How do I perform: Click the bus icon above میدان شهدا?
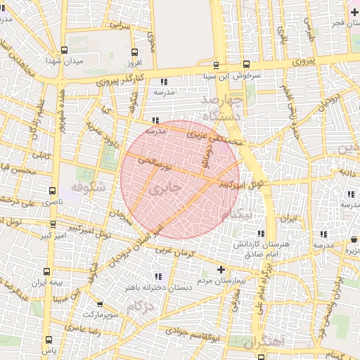pyautogui.click(x=65, y=50)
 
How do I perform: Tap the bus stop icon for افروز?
pyautogui.click(x=134, y=51)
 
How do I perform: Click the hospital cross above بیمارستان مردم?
pyautogui.click(x=221, y=269)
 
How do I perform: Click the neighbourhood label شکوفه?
pyautogui.click(x=87, y=188)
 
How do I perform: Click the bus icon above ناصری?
pyautogui.click(x=52, y=190)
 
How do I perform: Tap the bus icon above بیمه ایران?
pyautogui.click(x=47, y=271)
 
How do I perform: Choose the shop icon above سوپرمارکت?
pyautogui.click(x=100, y=304)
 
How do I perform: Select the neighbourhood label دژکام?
pyautogui.click(x=141, y=307)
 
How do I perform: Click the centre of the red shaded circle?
pyautogui.click(x=180, y=179)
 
